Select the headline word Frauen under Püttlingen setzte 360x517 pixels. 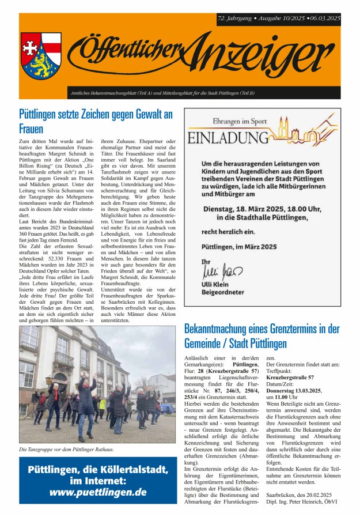[31, 128]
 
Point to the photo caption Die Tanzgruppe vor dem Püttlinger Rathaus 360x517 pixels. [66, 449]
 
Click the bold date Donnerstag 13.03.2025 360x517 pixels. [294, 390]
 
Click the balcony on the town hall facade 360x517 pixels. [63, 360]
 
